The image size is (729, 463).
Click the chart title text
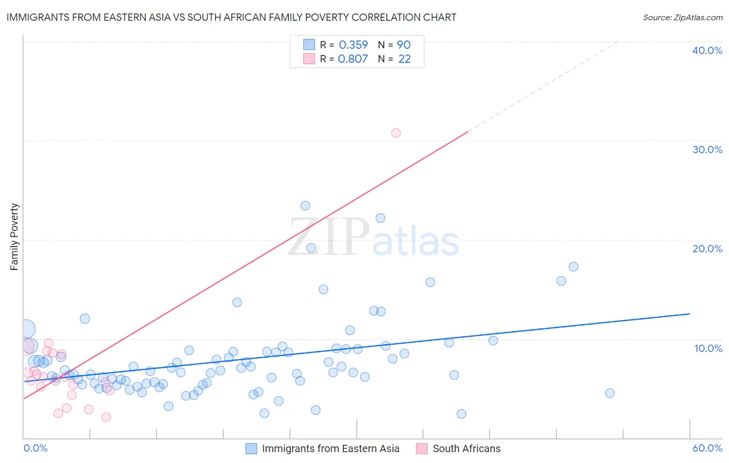[x=231, y=17]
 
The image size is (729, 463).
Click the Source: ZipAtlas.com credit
[x=682, y=17]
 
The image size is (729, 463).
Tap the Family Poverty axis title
[x=14, y=237]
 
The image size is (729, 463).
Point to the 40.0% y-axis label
[x=707, y=50]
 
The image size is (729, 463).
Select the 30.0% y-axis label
[x=707, y=149]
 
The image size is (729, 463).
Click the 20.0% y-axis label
[x=707, y=249]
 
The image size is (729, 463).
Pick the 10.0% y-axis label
[x=708, y=348]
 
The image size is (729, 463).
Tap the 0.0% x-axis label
[x=35, y=448]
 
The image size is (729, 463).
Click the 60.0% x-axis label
[x=707, y=448]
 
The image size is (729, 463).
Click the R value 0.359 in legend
[x=353, y=45]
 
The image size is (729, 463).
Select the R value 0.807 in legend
[x=353, y=59]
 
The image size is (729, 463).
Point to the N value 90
[x=403, y=45]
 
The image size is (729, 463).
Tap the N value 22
[x=404, y=59]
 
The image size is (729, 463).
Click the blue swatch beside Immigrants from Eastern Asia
[x=251, y=448]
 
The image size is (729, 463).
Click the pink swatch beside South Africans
[x=422, y=448]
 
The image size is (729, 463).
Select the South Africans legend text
[x=467, y=448]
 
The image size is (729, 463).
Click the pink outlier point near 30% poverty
[x=396, y=133]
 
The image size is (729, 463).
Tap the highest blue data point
[x=305, y=206]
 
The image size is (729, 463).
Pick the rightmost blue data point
[x=610, y=393]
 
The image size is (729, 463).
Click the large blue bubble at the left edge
[x=26, y=329]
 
